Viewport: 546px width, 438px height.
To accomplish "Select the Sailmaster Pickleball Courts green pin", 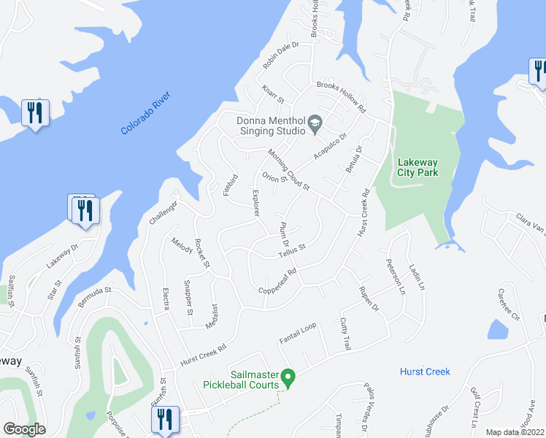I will pos(288,377).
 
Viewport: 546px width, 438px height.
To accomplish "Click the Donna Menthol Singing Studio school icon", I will pos(315,122).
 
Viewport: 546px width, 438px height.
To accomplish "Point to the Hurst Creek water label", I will pos(425,372).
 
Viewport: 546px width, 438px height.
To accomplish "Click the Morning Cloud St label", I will pos(289,169).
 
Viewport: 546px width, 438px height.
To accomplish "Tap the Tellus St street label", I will pos(291,253).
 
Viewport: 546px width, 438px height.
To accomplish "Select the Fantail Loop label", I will pos(298,333).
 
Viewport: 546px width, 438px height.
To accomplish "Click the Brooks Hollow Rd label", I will pos(340,96).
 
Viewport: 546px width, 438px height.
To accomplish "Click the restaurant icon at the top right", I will pos(538,71).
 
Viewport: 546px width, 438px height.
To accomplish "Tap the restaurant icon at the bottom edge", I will pos(164,418).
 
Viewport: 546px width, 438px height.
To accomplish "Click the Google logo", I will pos(24,429).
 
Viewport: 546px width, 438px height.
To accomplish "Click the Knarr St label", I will pos(272,94).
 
